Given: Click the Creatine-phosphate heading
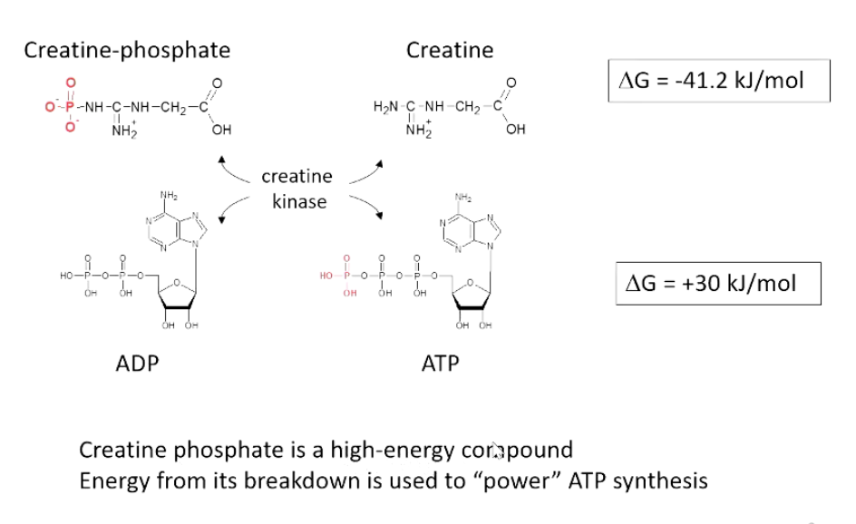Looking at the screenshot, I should tap(127, 49).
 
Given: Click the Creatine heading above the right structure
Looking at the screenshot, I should tap(450, 49).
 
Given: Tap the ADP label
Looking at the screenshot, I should tap(138, 364).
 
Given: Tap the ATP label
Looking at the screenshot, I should tap(441, 364).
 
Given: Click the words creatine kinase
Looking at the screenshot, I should tap(297, 189).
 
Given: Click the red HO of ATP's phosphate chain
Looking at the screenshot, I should tap(328, 274).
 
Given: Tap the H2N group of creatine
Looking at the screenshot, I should tap(385, 107).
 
